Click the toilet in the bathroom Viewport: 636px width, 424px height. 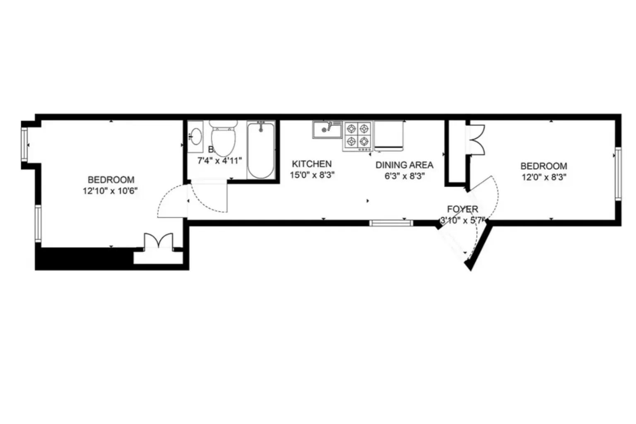coord(223,139)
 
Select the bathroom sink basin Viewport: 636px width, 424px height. coord(195,136)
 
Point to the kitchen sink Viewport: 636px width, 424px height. coord(327,129)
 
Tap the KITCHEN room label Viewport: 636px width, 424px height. coord(312,164)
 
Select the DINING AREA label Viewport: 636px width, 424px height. coord(404,165)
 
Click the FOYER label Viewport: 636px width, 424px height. coord(463,209)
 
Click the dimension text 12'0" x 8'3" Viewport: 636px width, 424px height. coord(543,177)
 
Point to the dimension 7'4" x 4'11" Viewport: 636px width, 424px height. coord(219,161)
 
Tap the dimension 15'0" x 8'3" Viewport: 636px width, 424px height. coord(312,175)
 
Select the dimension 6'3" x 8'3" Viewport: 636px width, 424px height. coord(405,176)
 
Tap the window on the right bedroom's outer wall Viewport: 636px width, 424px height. coord(618,174)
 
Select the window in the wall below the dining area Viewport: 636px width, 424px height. coord(391,223)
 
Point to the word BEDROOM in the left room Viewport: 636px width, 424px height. coord(111,180)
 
